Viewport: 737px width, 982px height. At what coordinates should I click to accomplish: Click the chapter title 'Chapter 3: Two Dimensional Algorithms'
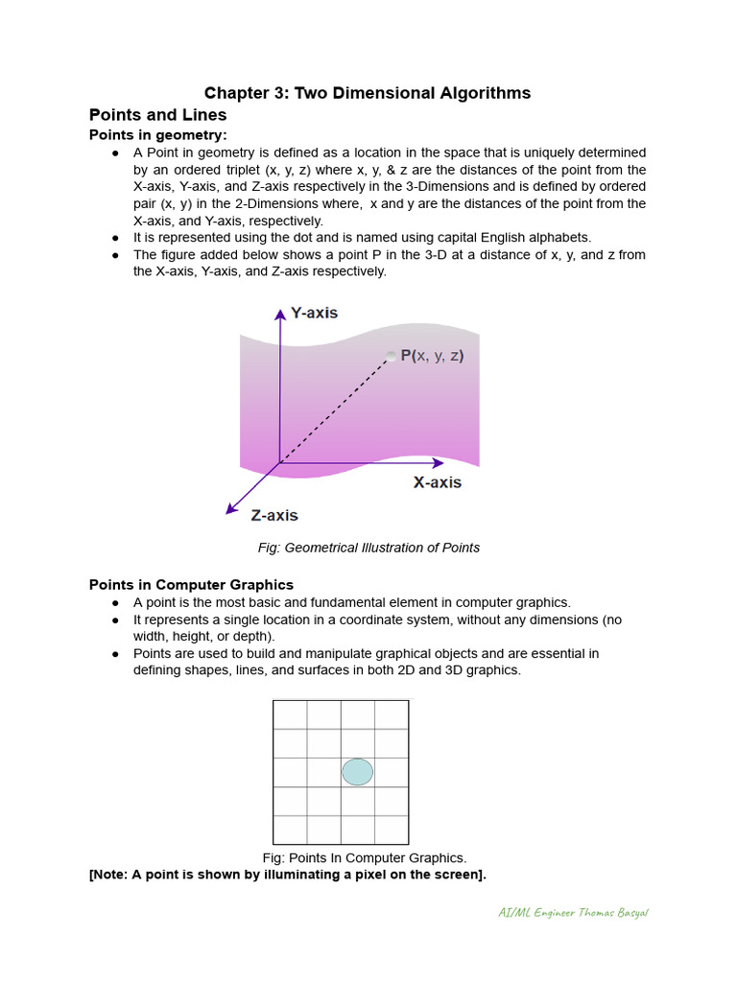click(x=368, y=93)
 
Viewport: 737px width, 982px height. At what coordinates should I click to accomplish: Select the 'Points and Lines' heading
click(x=157, y=115)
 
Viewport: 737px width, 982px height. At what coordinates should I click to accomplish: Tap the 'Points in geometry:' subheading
click(x=157, y=134)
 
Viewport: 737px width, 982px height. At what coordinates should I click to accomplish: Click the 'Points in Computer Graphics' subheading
click(x=191, y=584)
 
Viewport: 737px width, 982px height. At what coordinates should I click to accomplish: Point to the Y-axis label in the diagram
click(x=315, y=314)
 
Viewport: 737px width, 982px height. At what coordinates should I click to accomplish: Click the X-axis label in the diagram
click(x=437, y=482)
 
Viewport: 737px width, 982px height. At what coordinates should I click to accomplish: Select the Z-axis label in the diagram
click(x=274, y=515)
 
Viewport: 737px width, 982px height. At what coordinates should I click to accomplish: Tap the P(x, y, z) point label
click(x=432, y=356)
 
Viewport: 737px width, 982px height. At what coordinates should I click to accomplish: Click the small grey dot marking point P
click(x=391, y=357)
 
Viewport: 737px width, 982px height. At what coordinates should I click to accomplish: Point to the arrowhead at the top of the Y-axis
click(x=280, y=313)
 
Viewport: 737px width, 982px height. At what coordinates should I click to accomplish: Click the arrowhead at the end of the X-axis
click(x=439, y=463)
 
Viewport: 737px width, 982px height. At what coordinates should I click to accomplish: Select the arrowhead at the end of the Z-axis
click(x=230, y=509)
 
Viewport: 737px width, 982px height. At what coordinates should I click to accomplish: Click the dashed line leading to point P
click(x=336, y=410)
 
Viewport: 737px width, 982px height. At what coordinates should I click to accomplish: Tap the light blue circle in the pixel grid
click(x=357, y=772)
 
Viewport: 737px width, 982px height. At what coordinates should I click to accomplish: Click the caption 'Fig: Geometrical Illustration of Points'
click(x=368, y=548)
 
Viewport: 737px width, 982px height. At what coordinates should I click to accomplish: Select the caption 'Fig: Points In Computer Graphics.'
click(x=365, y=857)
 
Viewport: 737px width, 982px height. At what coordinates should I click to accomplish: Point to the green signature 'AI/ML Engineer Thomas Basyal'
click(x=573, y=912)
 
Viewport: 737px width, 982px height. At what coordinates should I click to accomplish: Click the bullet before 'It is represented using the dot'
click(x=115, y=238)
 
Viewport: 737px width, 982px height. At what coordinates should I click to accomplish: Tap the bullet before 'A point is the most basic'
click(x=115, y=603)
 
